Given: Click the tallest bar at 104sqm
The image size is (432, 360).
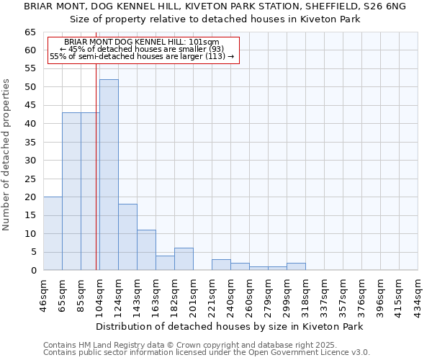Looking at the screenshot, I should coord(109,175).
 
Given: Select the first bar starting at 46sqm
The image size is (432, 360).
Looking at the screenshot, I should coord(53,233).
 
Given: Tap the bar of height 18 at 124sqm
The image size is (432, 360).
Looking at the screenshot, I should coord(127,237).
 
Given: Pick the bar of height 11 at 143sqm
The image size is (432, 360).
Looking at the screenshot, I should coord(146,250).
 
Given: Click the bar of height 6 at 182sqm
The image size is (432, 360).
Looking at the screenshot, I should coord(184,259).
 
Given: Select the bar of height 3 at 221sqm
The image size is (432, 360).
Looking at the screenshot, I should coord(221,265).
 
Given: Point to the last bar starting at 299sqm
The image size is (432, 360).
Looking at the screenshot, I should coord(296,266).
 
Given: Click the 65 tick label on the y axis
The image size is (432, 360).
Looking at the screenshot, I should coord(30,32).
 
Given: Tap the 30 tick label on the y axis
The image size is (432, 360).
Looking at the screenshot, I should coord(30,161).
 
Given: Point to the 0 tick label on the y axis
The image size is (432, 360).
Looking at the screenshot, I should coord(33,271).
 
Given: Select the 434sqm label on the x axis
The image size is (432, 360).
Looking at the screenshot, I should coord(418,293).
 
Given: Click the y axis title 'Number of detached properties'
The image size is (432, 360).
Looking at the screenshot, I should coord(7,155).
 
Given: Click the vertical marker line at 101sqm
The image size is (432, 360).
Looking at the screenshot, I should coord(96,180).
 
